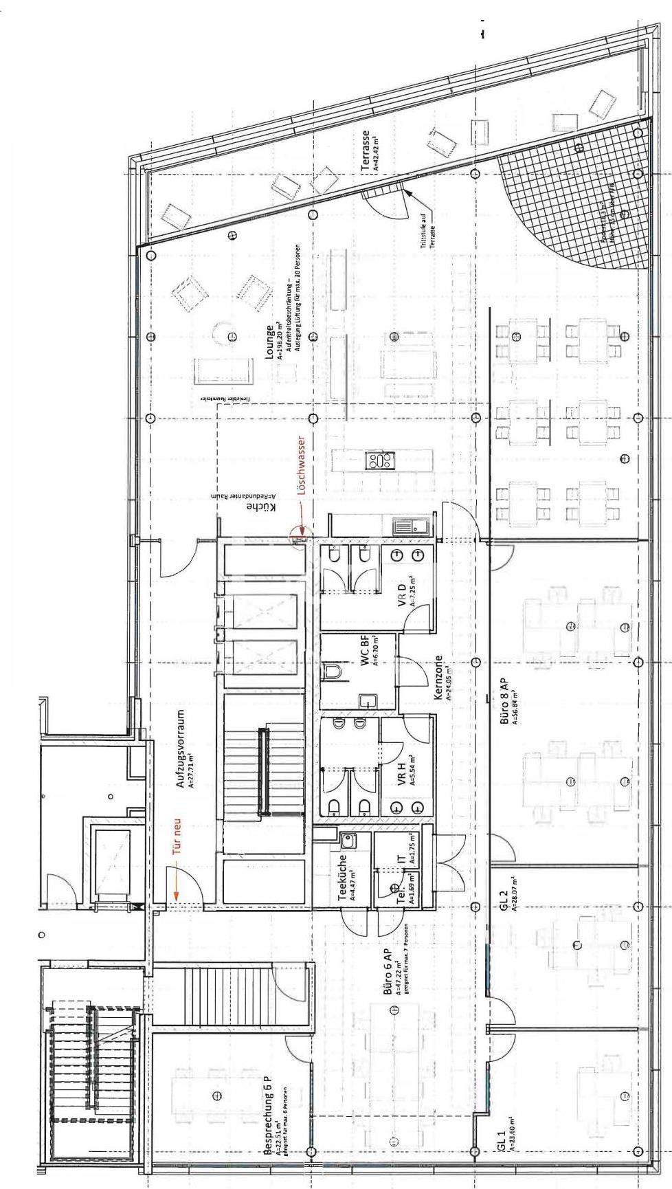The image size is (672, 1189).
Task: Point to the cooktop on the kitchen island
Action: click(379, 460)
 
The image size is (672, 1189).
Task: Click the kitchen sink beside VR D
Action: click(411, 526)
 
